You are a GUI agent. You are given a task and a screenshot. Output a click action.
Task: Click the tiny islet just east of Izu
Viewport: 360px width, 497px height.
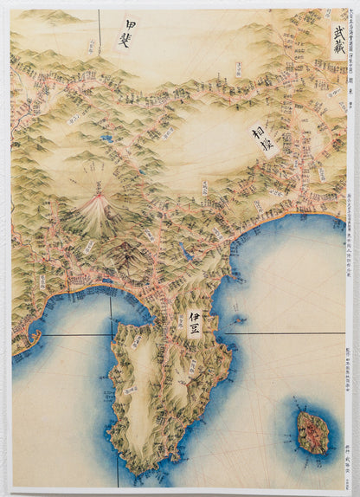[236, 319]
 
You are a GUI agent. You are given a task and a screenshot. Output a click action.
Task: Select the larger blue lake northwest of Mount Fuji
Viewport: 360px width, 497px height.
[105, 137]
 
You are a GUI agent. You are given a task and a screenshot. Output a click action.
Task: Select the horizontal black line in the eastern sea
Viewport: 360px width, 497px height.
[294, 332]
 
